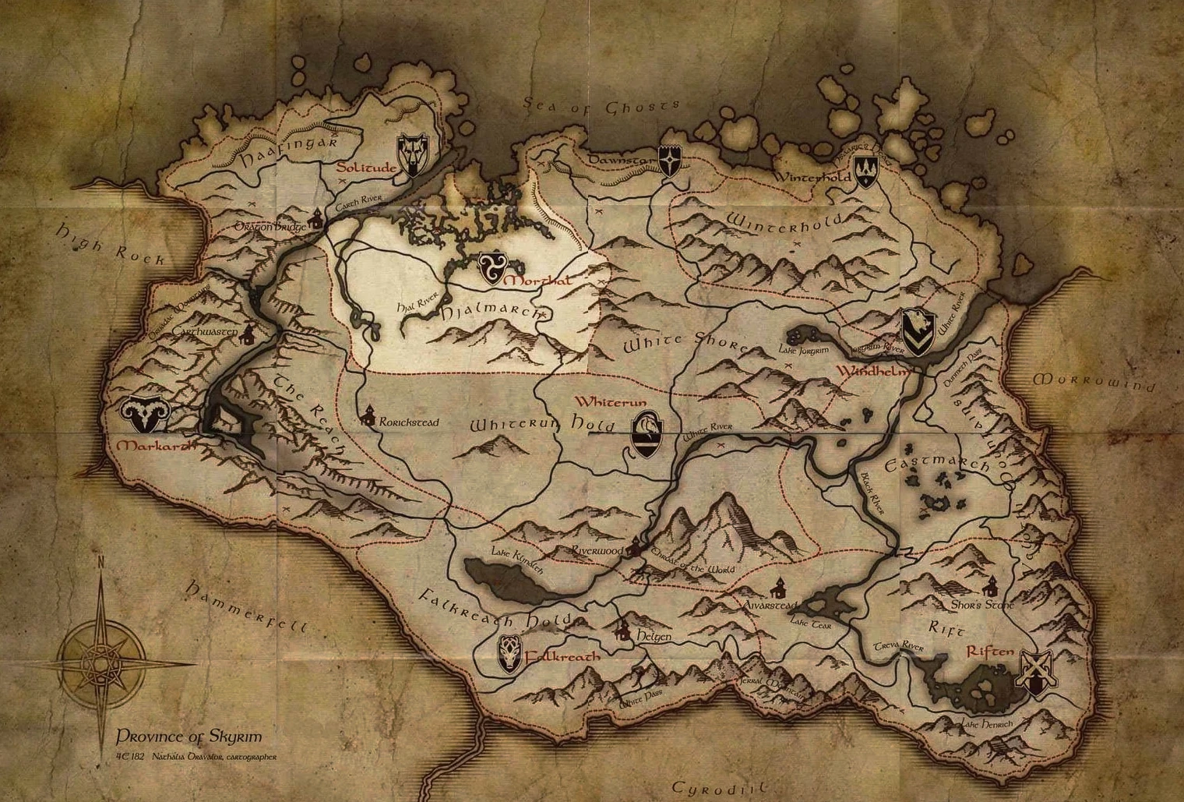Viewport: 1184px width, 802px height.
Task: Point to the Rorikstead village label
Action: [408, 422]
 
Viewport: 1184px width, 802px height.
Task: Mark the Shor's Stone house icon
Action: [990, 585]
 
